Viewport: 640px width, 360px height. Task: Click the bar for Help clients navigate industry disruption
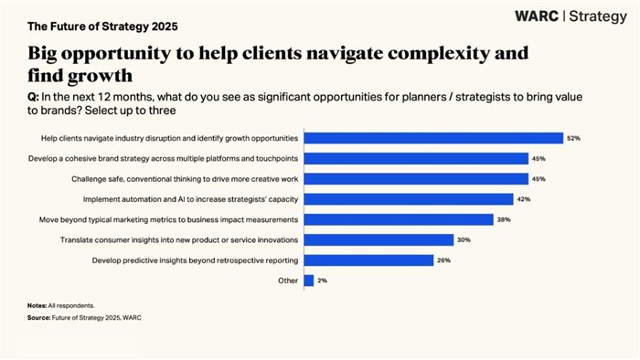pos(432,138)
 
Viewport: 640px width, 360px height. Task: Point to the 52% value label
pos(573,138)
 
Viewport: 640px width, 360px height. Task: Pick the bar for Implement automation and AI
pos(408,199)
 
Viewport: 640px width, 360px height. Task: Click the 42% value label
pos(523,199)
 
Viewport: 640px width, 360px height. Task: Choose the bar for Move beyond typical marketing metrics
pos(398,220)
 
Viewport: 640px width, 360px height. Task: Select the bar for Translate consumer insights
pos(379,240)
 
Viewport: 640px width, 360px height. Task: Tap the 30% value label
pos(464,240)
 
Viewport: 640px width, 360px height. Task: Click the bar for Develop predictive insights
pos(368,260)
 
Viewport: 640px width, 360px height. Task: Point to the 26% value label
pos(443,260)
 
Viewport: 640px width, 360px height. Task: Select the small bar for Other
pos(308,281)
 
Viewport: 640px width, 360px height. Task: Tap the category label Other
pos(287,281)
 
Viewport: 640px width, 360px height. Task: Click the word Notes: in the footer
pos(37,304)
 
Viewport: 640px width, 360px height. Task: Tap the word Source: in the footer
pos(38,317)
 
